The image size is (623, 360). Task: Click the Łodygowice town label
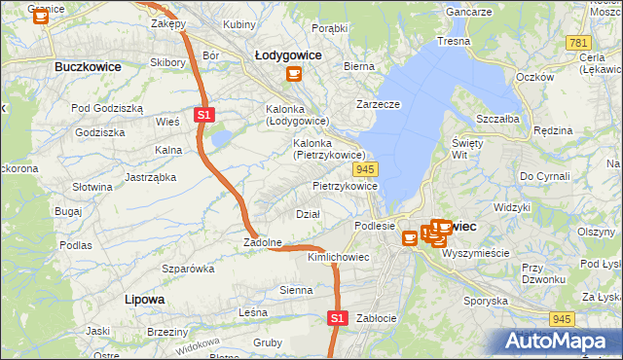coord(289,55)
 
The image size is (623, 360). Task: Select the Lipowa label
coord(144,299)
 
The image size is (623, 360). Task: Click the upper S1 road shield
coord(203,115)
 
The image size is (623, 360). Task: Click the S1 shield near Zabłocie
coord(337,317)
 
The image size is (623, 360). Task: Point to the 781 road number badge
coord(578,43)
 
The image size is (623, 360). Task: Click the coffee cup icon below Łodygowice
coord(292,74)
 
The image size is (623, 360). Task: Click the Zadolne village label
coord(263,242)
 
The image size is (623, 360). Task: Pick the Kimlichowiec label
coord(338,257)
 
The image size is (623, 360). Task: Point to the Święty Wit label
coord(467,148)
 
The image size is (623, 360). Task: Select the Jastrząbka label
coord(150,177)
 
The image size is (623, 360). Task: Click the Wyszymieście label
coord(476,252)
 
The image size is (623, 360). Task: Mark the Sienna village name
coord(296,290)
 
